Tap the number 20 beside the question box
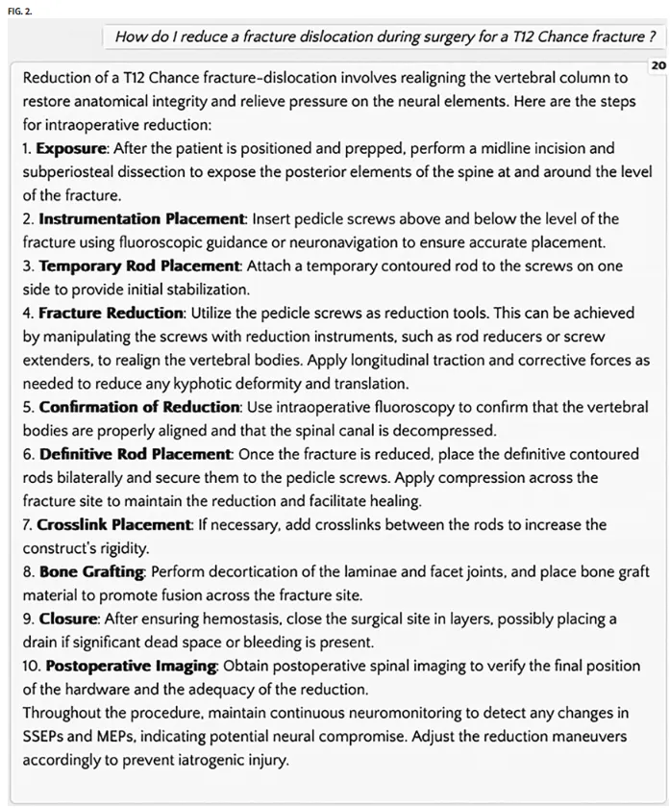[658, 65]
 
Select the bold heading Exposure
[72, 149]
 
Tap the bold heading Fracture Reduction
[111, 313]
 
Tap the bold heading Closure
[67, 618]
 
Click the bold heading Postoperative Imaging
[133, 665]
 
